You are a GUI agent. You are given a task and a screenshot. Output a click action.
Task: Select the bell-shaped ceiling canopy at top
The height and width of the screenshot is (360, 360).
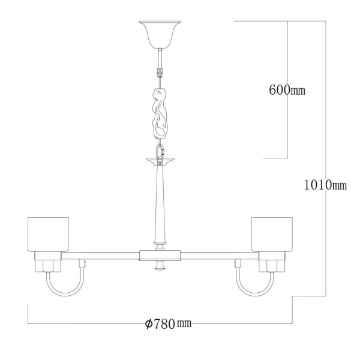click(x=160, y=34)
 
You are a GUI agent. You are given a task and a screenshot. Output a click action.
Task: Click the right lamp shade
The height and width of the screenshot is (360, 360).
click(x=272, y=234)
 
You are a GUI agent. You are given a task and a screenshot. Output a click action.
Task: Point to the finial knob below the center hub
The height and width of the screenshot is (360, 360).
click(x=160, y=265)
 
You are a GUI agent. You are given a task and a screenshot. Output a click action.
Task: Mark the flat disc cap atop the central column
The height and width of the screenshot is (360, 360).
click(x=160, y=160)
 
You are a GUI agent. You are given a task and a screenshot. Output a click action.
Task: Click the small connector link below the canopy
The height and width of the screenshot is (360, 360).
click(x=160, y=73)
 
